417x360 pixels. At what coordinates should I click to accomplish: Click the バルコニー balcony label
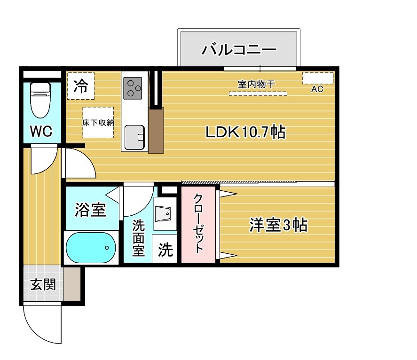point(239,49)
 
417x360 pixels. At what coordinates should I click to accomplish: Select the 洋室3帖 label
point(278,226)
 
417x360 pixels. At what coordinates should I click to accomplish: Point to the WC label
point(41,132)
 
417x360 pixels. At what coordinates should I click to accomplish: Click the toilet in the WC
point(40,100)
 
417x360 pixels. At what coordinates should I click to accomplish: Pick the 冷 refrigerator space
point(81,86)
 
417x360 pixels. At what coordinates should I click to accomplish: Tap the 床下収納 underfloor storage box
point(98,122)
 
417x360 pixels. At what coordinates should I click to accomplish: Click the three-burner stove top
point(133,87)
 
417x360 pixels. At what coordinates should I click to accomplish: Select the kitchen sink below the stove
point(134,136)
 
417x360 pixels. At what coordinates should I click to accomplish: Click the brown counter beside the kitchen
point(156,130)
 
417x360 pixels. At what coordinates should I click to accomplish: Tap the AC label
point(317,89)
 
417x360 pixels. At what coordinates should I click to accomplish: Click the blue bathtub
point(91,248)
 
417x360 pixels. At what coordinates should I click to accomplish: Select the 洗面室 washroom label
point(138,238)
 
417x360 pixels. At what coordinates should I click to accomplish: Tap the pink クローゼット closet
point(198,225)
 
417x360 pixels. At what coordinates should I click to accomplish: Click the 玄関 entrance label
point(43,285)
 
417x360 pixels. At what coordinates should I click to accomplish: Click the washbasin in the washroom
point(165,215)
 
